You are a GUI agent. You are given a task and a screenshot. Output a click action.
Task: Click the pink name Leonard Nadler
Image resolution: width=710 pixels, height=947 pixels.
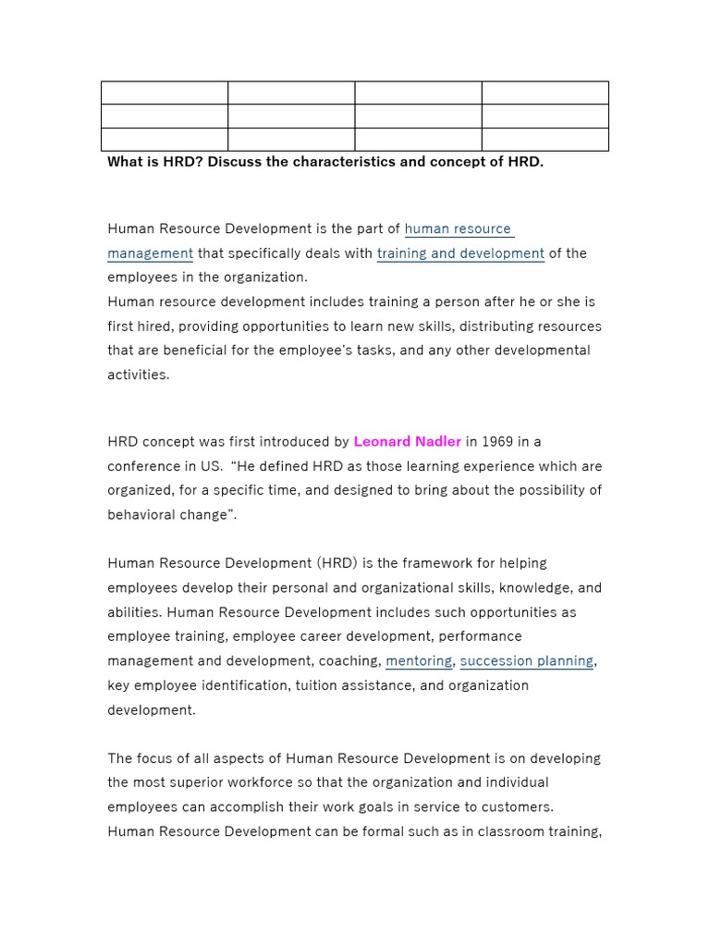tap(407, 442)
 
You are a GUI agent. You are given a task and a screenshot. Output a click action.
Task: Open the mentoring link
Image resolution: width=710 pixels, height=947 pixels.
tap(419, 661)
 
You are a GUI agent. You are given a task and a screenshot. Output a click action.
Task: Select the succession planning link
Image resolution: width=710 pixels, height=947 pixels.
tap(527, 661)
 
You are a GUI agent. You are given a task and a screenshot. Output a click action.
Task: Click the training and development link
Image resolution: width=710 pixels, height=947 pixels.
tap(460, 253)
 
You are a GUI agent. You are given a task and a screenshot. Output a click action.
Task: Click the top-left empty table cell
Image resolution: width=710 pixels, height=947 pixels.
tap(165, 92)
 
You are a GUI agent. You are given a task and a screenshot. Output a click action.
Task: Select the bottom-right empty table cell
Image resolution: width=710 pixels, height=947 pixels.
tap(545, 140)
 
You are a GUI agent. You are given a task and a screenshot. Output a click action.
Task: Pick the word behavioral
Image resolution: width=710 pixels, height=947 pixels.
tap(141, 515)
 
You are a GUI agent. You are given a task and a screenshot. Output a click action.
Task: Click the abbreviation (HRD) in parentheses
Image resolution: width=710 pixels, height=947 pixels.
tap(339, 563)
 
